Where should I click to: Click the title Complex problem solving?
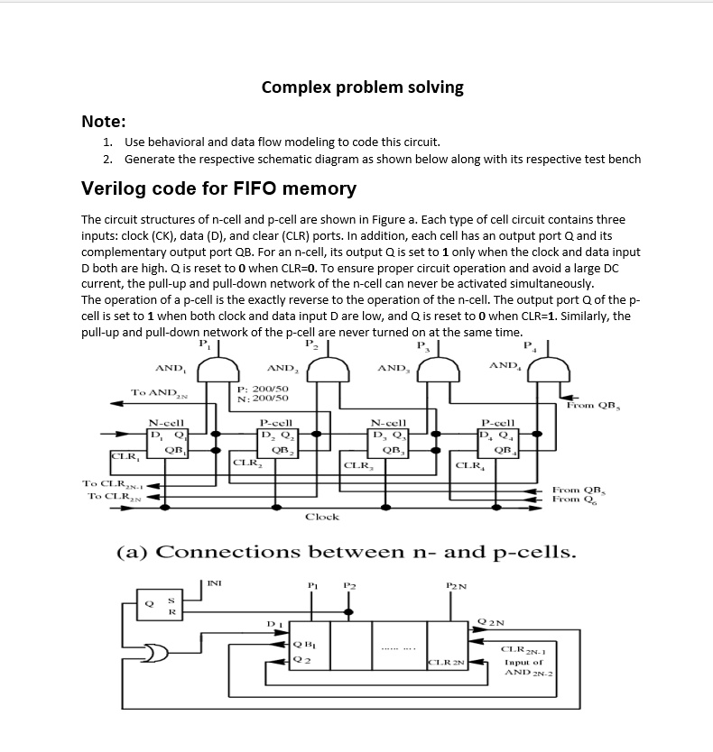click(x=363, y=87)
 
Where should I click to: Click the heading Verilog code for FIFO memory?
click(x=219, y=188)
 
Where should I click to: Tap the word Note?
click(x=104, y=122)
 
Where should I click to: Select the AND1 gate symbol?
click(x=218, y=371)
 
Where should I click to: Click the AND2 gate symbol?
click(x=328, y=371)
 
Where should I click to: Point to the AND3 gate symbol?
click(x=439, y=371)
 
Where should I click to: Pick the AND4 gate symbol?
click(x=549, y=371)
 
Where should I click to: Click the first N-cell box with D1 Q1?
click(x=167, y=443)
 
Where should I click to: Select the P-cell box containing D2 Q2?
click(x=278, y=443)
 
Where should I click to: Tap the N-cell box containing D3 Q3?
click(x=388, y=443)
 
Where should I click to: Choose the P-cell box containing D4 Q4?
click(x=498, y=443)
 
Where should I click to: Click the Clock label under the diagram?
click(x=322, y=517)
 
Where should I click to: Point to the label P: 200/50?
click(x=264, y=389)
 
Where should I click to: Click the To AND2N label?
click(x=159, y=393)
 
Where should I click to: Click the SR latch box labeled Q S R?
click(x=160, y=604)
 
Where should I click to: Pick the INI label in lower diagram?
click(x=214, y=583)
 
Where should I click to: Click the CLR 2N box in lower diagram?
click(x=447, y=663)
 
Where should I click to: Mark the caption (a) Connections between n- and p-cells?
click(x=347, y=552)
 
